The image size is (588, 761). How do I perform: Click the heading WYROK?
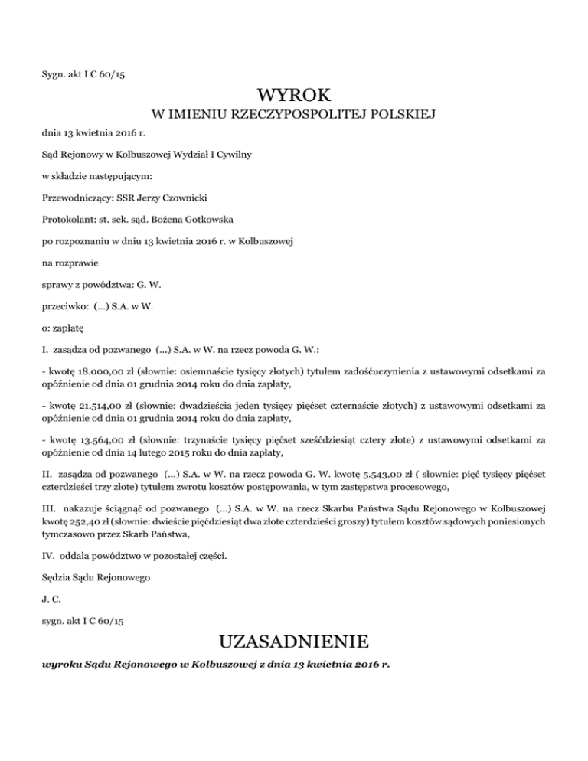tap(294, 96)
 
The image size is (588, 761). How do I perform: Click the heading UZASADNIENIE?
tap(294, 640)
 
